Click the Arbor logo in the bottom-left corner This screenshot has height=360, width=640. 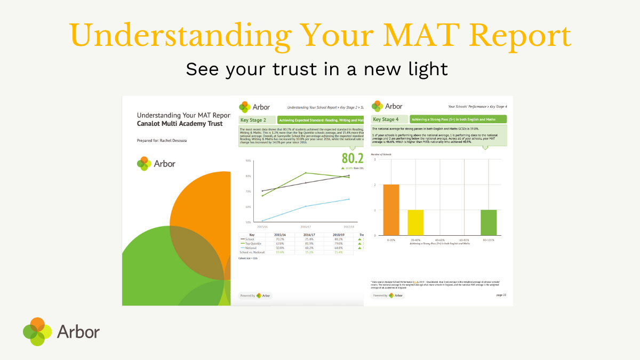pos(61,331)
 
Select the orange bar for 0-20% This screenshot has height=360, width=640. pos(391,210)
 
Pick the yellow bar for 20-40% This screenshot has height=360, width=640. pos(415,222)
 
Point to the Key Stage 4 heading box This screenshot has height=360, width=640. pos(389,119)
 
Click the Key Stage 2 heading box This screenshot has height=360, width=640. pos(257,121)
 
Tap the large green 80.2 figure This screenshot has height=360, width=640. pos(353,158)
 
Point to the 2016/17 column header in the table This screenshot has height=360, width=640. pos(308,234)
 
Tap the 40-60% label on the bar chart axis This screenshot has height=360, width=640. pos(440,240)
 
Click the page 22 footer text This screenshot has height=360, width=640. pos(501,295)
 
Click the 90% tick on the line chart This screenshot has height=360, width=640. pos(248,161)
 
